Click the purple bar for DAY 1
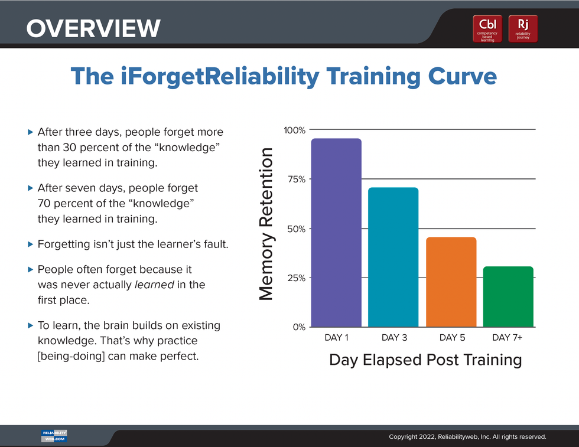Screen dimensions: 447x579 click(x=336, y=233)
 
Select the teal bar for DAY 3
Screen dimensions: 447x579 click(x=393, y=257)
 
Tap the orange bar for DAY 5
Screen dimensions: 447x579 click(x=451, y=282)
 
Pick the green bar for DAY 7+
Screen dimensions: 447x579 click(x=508, y=296)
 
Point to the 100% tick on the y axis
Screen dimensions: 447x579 click(x=295, y=130)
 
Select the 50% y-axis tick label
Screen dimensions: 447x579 click(x=296, y=229)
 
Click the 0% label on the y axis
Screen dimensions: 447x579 click(x=299, y=327)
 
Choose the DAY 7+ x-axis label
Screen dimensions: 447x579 click(x=507, y=338)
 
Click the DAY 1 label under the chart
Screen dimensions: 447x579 click(x=336, y=338)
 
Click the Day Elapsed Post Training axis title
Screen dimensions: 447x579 click(x=425, y=360)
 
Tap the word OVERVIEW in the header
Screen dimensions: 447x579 click(x=93, y=28)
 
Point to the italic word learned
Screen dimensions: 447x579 click(x=154, y=285)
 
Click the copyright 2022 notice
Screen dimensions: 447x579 click(x=467, y=437)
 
